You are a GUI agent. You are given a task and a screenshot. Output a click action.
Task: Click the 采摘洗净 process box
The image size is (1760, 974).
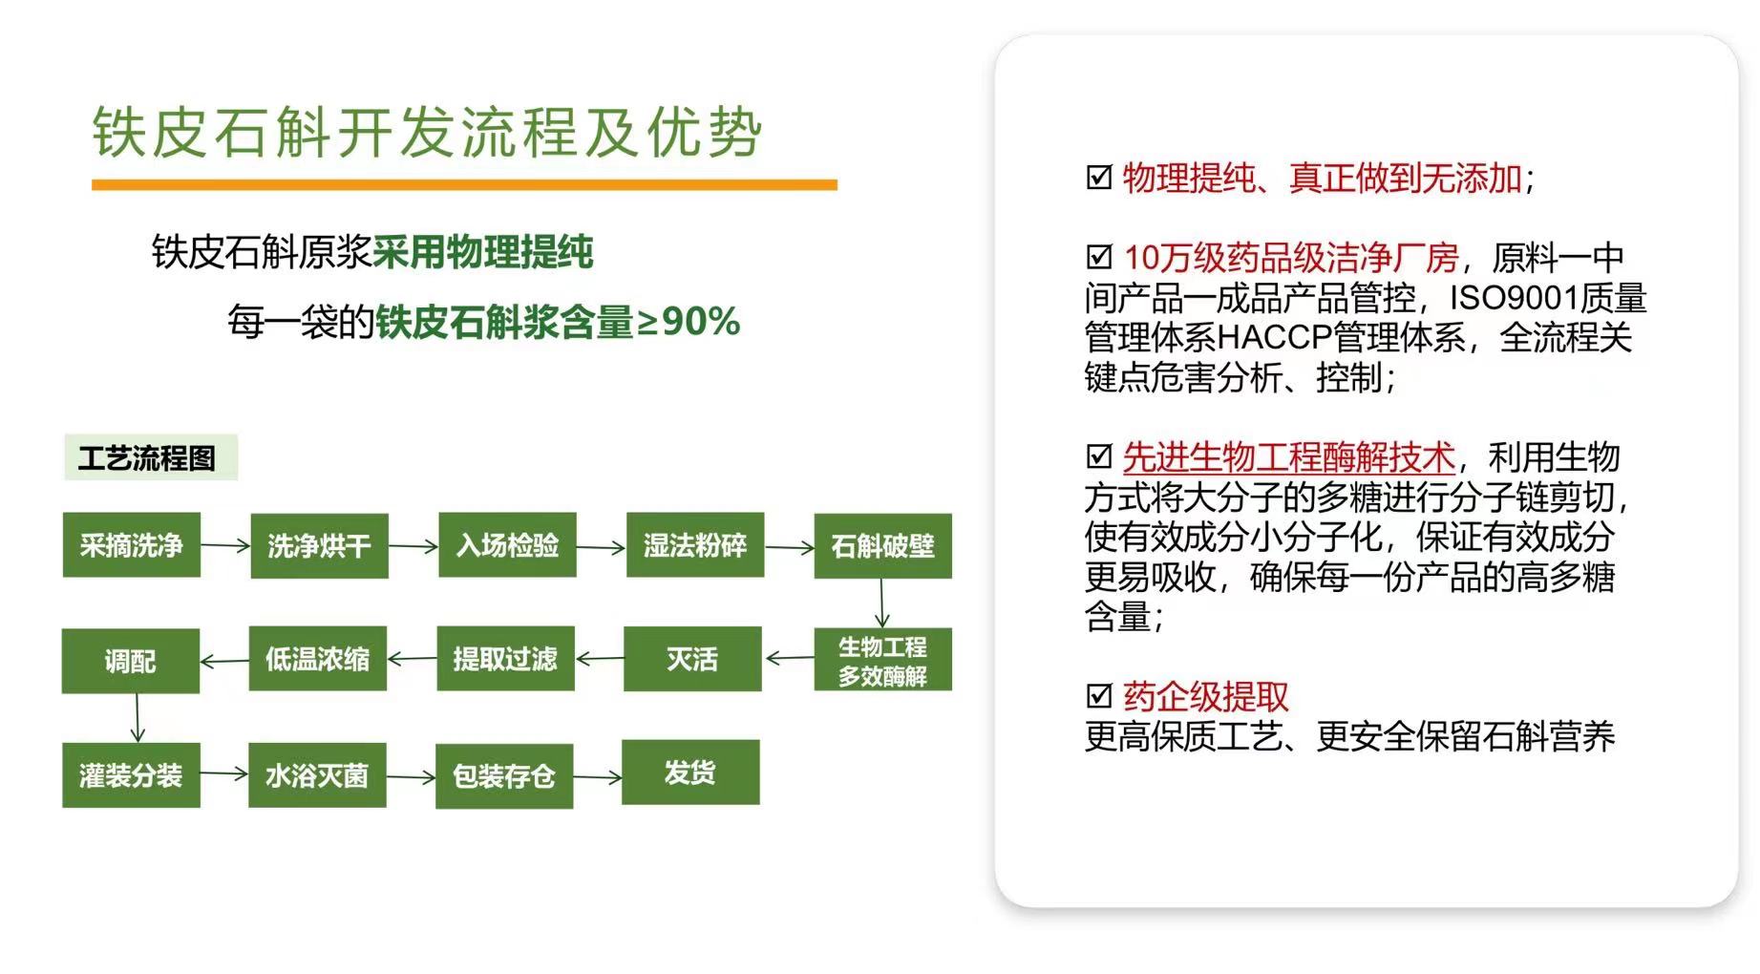pyautogui.click(x=132, y=545)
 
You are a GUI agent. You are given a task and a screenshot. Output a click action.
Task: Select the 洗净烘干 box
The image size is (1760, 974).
pyautogui.click(x=319, y=546)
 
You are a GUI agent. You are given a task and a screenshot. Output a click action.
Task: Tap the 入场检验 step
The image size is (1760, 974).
pyautogui.click(x=507, y=545)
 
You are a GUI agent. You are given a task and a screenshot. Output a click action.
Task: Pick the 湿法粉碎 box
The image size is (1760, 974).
pyautogui.click(x=695, y=545)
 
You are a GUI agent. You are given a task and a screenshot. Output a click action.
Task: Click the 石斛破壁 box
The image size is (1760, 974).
pyautogui.click(x=882, y=546)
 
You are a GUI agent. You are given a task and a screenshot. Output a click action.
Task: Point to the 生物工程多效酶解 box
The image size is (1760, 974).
pyautogui.click(x=882, y=660)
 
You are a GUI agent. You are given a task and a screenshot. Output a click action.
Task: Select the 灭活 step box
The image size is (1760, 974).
pyautogui.click(x=692, y=659)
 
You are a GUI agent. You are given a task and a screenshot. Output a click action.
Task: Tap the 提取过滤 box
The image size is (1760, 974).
pyautogui.click(x=505, y=659)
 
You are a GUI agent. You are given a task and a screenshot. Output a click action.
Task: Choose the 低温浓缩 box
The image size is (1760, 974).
pyautogui.click(x=317, y=659)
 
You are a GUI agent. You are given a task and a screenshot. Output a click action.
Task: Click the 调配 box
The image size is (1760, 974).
pyautogui.click(x=131, y=661)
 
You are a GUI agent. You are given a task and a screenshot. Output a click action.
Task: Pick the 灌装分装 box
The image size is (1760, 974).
pyautogui.click(x=132, y=775)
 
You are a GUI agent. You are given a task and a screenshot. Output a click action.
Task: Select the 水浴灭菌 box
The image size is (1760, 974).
pyautogui.click(x=317, y=775)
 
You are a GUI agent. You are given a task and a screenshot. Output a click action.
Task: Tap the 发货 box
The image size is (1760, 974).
pyautogui.click(x=690, y=773)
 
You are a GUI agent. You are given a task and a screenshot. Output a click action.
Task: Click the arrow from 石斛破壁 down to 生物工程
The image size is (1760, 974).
pyautogui.click(x=881, y=603)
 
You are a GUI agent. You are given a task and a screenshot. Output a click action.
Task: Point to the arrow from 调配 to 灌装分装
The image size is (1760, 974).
pyautogui.click(x=138, y=718)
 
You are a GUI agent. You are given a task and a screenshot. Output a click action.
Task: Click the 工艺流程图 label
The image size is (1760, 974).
pyautogui.click(x=150, y=458)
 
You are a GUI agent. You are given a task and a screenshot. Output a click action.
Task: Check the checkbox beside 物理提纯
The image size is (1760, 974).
pyautogui.click(x=1099, y=178)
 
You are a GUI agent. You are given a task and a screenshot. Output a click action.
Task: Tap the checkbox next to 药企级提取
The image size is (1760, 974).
pyautogui.click(x=1099, y=696)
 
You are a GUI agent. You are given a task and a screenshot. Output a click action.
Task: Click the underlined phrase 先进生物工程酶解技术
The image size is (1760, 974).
pyautogui.click(x=1289, y=457)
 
